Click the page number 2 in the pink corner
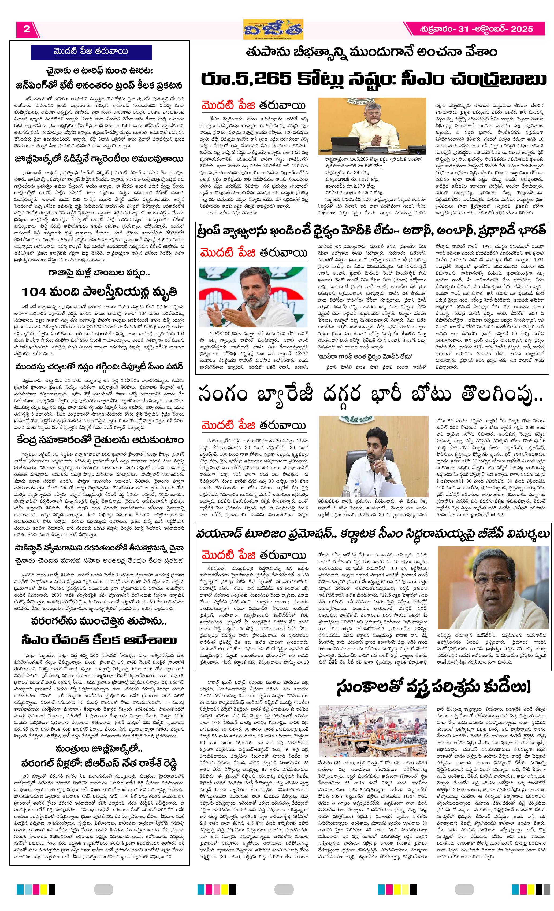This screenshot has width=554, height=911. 27,29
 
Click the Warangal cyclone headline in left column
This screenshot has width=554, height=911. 98,621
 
